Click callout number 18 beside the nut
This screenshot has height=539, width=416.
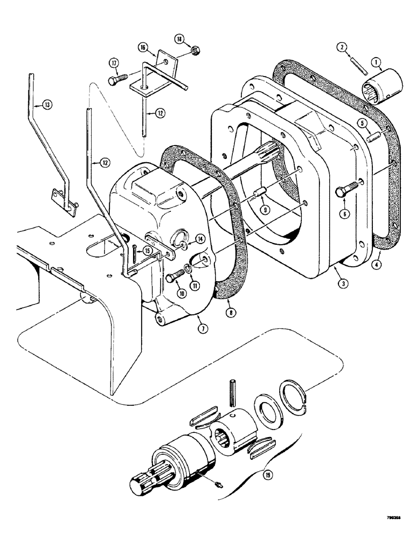tap(179, 39)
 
